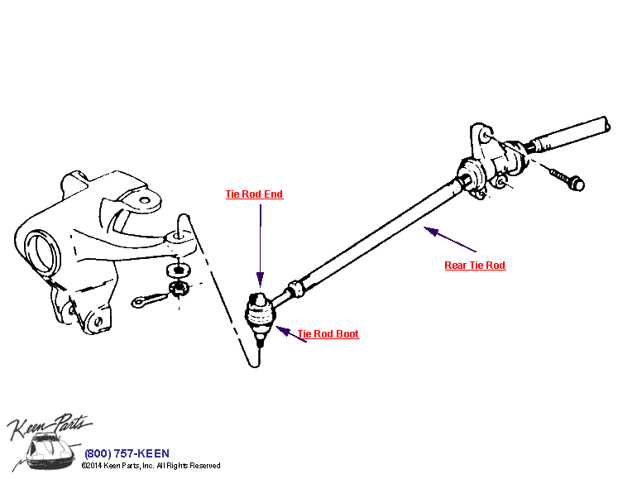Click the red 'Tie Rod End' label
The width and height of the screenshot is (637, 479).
pos(254,194)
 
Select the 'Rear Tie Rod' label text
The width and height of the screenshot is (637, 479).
pos(474,266)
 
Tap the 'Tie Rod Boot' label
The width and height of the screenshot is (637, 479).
pos(328,334)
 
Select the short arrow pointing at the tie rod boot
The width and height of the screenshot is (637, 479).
pos(290,334)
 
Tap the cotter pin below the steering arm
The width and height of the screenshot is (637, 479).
pos(149,299)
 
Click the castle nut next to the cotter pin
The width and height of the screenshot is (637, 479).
pos(179,288)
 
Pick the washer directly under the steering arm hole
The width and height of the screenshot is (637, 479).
pos(178,269)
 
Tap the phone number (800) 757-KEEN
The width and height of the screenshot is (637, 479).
pos(127,453)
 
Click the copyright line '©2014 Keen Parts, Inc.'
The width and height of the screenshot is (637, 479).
pos(151,466)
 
